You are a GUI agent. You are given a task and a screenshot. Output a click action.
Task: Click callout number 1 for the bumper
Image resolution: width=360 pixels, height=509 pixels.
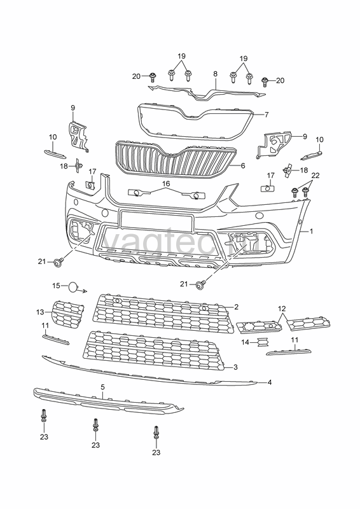pyautogui.click(x=311, y=232)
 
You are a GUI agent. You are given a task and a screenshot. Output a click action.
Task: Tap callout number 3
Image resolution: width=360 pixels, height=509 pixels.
pyautogui.click(x=236, y=367)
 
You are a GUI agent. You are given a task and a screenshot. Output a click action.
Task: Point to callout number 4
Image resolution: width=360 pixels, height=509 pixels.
pyautogui.click(x=270, y=382)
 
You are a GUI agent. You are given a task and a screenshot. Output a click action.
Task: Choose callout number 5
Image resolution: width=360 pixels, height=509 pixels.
pyautogui.click(x=103, y=387)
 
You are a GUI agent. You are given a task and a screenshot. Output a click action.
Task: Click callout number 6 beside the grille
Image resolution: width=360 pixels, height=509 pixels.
pyautogui.click(x=243, y=165)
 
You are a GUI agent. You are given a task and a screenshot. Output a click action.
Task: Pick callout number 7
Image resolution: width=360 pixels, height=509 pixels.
pyautogui.click(x=267, y=115)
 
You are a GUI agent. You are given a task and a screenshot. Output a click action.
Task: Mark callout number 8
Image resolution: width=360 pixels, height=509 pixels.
pyautogui.click(x=215, y=74)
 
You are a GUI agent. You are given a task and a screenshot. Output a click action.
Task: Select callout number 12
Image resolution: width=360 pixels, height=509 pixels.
pyautogui.click(x=282, y=308)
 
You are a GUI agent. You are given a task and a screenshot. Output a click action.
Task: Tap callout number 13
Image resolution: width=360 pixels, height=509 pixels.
pyautogui.click(x=40, y=312)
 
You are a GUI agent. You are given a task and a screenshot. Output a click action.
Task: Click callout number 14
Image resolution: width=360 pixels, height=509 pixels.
pyautogui.click(x=245, y=342)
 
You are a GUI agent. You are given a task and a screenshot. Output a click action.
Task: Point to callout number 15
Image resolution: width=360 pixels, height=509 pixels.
pyautogui.click(x=56, y=286)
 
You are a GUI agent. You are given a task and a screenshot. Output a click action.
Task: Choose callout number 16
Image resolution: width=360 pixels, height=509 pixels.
pyautogui.click(x=166, y=184)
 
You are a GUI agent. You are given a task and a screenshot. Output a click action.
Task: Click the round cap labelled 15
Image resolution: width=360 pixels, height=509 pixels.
pyautogui.click(x=73, y=287)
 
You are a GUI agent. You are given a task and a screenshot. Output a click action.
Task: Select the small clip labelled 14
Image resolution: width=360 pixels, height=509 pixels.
pyautogui.click(x=262, y=342)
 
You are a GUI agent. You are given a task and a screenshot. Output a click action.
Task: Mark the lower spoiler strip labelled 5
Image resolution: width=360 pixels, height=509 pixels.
pyautogui.click(x=107, y=401)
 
